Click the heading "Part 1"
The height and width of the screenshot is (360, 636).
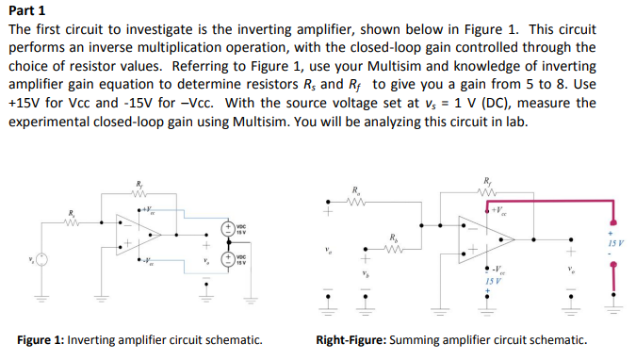(29, 11)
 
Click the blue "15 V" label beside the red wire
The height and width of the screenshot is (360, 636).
(613, 244)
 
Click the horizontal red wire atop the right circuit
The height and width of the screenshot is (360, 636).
(556, 201)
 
